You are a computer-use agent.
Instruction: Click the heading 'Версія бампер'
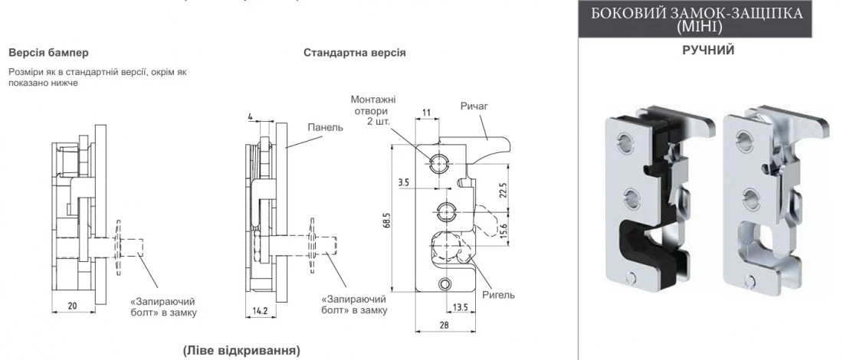pyautogui.click(x=48, y=54)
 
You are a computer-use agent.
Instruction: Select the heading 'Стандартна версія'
pyautogui.click(x=354, y=54)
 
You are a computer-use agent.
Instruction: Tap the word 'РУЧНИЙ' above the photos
pyautogui.click(x=708, y=51)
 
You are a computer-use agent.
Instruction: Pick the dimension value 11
pyautogui.click(x=426, y=113)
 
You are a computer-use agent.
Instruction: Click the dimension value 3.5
pyautogui.click(x=404, y=184)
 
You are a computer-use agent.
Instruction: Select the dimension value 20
pyautogui.click(x=72, y=306)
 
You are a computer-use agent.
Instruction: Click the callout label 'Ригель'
pyautogui.click(x=499, y=295)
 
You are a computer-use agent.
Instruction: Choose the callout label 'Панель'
pyautogui.click(x=325, y=127)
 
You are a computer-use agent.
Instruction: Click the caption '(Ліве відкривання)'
pyautogui.click(x=241, y=350)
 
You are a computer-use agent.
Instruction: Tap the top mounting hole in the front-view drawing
pyautogui.click(x=440, y=162)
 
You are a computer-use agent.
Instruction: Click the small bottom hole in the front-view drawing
pyautogui.click(x=446, y=285)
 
